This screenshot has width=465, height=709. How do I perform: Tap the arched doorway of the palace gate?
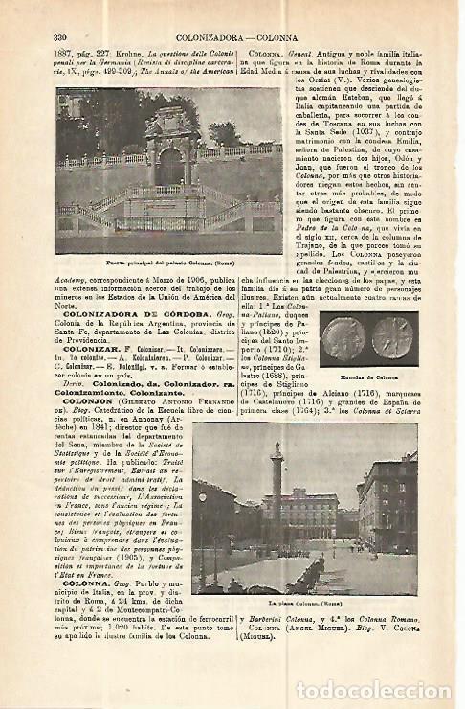(171, 165)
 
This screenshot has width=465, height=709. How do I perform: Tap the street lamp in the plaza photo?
(202, 522)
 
